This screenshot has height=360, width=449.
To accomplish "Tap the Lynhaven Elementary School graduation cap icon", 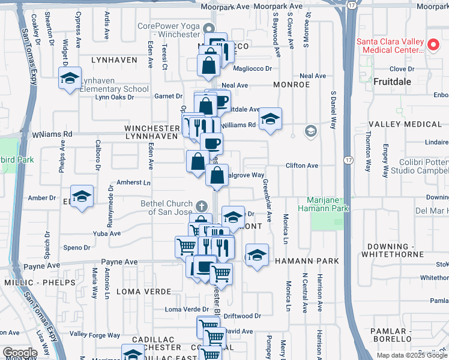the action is click(70, 79).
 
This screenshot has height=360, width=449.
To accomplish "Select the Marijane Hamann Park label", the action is click(328, 203).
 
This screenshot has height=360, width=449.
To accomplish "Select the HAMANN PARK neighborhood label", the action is click(307, 261).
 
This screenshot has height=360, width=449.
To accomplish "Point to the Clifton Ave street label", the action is click(301, 165).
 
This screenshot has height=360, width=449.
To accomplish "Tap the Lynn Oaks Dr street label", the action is click(114, 97).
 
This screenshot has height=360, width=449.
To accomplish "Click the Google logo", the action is click(19, 353).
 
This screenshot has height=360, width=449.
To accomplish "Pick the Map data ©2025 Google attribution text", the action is click(411, 355).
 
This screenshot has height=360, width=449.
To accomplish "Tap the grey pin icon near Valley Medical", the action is click(310, 131).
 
